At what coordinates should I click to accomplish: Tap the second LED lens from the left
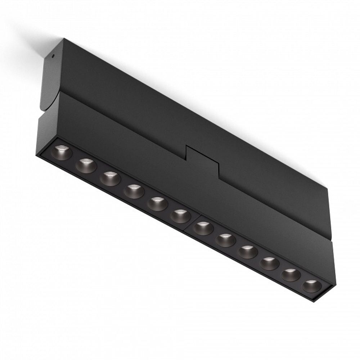coord(86,166)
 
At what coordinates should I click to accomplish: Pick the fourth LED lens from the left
coord(134,191)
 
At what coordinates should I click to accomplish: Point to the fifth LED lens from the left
coord(157,204)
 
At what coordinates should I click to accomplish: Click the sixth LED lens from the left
coord(180,216)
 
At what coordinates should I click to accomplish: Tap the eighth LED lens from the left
coord(226,240)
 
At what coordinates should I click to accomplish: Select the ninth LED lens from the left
coord(248,252)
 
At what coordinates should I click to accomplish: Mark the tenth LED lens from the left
coord(269,264)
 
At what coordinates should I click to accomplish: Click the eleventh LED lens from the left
coord(291,275)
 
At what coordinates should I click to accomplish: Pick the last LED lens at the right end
coord(311,286)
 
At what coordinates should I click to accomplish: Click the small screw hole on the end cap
coord(53,56)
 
